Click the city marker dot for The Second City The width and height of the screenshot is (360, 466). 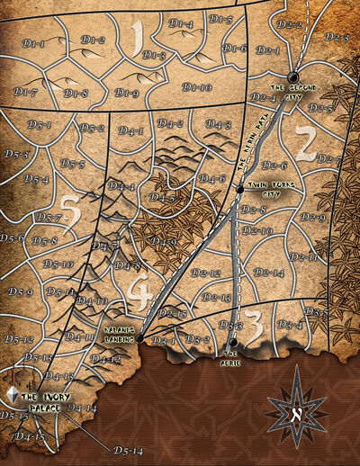292,76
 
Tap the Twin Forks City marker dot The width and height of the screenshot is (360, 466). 239,191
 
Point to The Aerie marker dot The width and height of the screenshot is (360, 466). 232,342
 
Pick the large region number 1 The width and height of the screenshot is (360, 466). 138,39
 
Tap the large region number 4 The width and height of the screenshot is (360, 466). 139,291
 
